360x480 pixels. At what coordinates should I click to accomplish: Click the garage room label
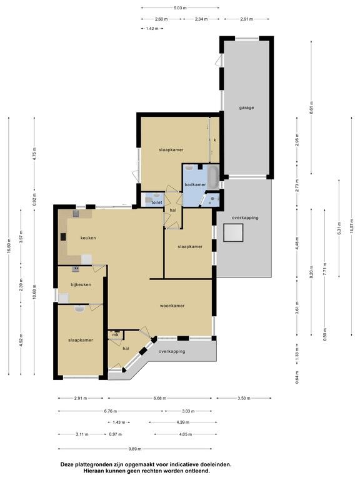(x=246, y=107)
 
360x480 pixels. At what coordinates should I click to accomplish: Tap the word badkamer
(x=195, y=184)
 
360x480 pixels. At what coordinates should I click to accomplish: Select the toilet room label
(x=156, y=202)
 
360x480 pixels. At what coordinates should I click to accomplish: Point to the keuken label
(x=88, y=238)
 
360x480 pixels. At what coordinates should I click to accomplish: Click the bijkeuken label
(x=81, y=285)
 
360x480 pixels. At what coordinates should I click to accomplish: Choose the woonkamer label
(x=172, y=306)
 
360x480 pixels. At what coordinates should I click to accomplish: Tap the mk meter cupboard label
(x=115, y=335)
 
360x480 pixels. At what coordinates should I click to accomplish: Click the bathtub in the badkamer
(x=213, y=177)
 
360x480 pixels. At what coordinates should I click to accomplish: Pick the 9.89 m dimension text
(x=135, y=449)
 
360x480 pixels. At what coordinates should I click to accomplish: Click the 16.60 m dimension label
(x=9, y=246)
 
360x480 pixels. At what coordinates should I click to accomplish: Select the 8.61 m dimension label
(x=311, y=107)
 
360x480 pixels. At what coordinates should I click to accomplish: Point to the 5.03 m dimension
(x=180, y=8)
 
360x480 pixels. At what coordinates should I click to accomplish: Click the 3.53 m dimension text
(x=244, y=398)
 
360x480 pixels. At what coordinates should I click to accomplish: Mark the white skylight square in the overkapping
(x=234, y=232)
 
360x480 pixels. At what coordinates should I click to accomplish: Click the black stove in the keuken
(x=63, y=237)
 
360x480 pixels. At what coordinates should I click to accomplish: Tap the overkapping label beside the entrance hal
(x=172, y=351)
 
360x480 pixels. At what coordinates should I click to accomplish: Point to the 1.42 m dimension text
(x=152, y=29)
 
